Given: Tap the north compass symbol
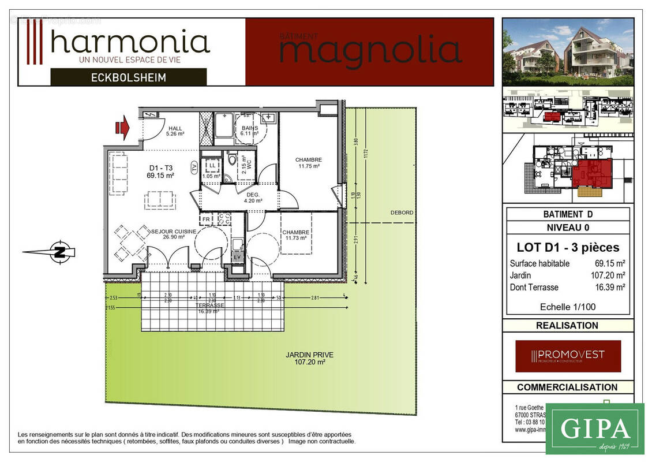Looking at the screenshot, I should coord(58,251).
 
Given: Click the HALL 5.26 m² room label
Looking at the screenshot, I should coord(175,131).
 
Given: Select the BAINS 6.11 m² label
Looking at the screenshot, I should coord(250,131).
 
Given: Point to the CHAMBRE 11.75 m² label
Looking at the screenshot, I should coord(308,163).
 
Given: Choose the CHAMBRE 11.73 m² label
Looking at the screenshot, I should coord(295,235).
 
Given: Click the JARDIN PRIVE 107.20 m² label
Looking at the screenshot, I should coord(309,359).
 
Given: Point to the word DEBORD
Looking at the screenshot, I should coord(402,213).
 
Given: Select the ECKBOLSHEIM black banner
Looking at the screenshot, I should coord(128,77).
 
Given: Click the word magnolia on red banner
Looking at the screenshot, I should coord(370,51).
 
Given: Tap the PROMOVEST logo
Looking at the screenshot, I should coord(568,355).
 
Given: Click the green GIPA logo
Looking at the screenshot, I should coord(594,429).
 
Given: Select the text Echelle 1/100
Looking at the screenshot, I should coord(567,307).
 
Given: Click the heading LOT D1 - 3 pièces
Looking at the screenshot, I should coord(568,248).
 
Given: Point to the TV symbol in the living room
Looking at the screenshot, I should coord(194,167).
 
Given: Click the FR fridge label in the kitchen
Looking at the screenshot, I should coord(205,219).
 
